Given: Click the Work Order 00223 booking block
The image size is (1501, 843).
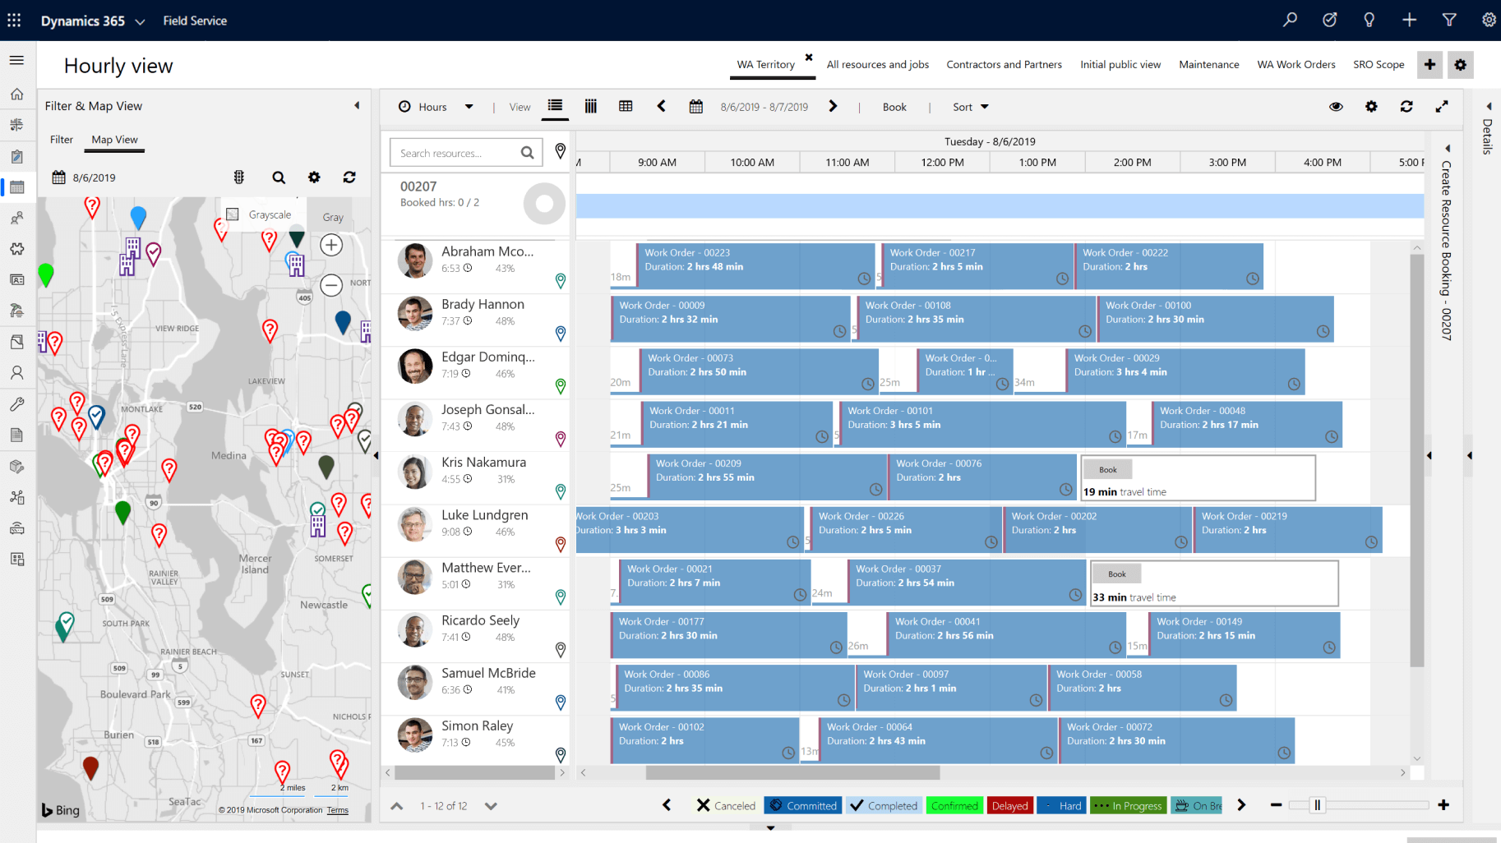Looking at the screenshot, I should point(755,265).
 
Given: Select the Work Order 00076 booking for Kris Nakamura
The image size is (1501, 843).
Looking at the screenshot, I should point(982,476).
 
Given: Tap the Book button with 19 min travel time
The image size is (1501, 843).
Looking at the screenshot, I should point(1107,470).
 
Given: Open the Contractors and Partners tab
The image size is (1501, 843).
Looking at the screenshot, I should point(1004,64).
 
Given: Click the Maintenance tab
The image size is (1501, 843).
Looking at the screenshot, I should point(1208,64).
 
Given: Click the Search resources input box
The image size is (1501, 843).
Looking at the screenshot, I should point(457,153).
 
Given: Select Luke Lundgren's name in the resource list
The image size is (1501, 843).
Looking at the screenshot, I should point(484,515).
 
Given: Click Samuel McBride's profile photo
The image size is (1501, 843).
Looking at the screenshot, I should point(415,683).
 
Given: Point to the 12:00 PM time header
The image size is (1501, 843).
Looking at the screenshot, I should point(942,163).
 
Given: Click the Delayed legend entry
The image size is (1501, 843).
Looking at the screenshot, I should point(1009,806).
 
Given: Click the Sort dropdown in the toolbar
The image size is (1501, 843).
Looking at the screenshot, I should point(970,107).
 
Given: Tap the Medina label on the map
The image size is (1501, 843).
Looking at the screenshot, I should point(229,455).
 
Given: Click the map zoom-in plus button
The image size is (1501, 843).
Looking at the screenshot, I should point(331,245).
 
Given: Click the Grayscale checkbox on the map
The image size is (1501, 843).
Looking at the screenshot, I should point(233,214).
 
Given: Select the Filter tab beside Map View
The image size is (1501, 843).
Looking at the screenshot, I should point(61,140).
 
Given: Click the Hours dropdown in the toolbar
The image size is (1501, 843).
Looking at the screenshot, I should point(436,107).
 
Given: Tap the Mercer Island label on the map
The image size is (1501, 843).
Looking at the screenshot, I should point(255,564).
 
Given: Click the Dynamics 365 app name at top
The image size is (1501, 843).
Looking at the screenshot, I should point(82,21).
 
